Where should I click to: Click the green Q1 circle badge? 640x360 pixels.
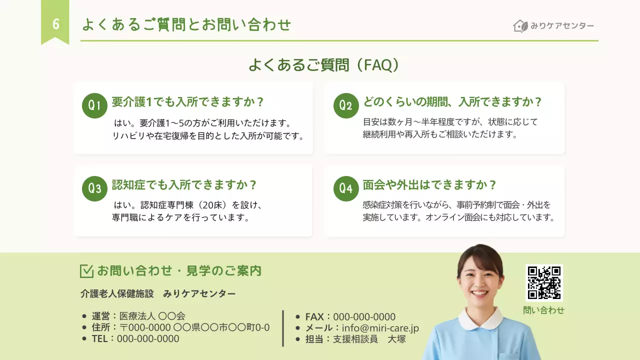(x=94, y=105)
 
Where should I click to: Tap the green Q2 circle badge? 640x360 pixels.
(x=346, y=105)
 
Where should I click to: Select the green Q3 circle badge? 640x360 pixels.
(x=94, y=188)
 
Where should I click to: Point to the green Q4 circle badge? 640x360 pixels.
(x=346, y=188)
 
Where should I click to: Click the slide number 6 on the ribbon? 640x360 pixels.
(x=55, y=24)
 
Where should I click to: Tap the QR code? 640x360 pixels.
(x=544, y=282)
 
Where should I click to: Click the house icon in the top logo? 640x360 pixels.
(x=520, y=26)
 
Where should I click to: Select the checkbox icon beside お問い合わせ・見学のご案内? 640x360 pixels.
(x=86, y=271)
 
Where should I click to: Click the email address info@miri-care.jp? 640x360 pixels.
(x=380, y=328)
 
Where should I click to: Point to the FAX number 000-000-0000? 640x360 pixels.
(x=364, y=317)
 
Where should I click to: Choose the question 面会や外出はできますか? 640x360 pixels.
(x=429, y=185)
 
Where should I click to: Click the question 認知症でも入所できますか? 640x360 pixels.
(x=184, y=185)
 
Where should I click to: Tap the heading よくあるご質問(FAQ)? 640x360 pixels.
(x=324, y=65)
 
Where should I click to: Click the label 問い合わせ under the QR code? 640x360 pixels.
(x=544, y=310)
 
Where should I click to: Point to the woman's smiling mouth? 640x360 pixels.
(x=478, y=293)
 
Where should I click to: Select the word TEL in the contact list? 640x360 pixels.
(x=100, y=339)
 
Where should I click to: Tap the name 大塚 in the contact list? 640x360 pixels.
(x=397, y=339)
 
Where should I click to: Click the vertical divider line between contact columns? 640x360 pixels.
(x=283, y=328)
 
